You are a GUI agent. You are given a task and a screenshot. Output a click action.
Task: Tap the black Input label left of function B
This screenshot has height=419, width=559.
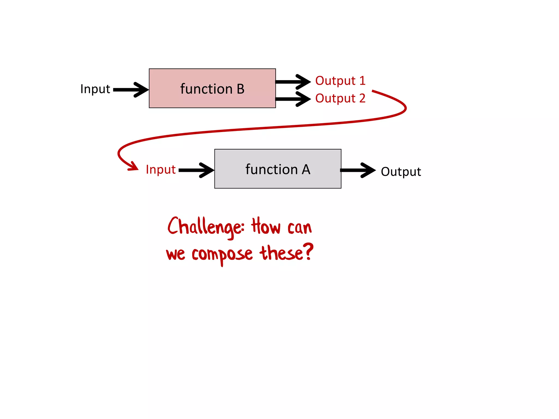pos(95,89)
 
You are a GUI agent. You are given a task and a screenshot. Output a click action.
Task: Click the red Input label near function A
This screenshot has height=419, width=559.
pos(160,170)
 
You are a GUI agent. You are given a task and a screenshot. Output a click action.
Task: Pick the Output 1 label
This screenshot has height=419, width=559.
pos(340,81)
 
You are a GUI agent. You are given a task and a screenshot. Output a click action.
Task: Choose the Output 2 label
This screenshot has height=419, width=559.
pos(340,98)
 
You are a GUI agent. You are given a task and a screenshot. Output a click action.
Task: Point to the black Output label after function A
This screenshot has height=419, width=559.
pos(401,172)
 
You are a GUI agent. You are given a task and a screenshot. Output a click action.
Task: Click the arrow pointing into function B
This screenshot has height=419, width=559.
pos(131,89)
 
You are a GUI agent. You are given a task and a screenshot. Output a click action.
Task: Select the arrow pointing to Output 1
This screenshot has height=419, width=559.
pos(293,82)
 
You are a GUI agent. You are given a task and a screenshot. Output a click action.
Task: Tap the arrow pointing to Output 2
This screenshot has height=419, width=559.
pos(293,99)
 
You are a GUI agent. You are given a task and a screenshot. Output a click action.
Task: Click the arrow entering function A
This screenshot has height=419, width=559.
pos(197,170)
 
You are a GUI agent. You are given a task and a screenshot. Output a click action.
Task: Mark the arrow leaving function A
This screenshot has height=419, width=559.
pos(358,170)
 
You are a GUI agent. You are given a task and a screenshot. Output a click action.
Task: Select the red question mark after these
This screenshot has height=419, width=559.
pos(309,252)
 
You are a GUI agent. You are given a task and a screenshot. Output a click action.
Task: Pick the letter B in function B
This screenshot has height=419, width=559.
pos(240,89)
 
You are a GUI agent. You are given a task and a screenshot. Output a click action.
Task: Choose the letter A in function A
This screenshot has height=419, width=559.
pos(306,170)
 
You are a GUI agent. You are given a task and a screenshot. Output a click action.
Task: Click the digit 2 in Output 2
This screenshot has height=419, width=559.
pos(362,98)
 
